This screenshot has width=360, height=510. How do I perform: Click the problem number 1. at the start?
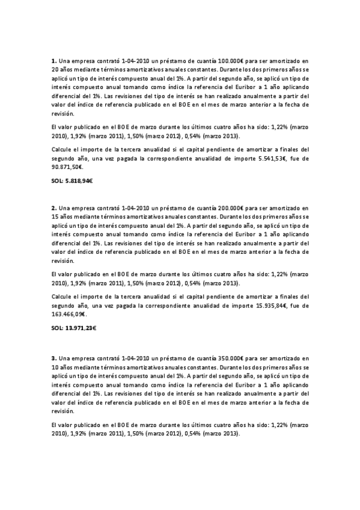tap(53, 61)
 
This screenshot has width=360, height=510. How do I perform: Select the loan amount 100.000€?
tap(222, 61)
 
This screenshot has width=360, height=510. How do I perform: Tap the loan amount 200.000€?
tap(222, 208)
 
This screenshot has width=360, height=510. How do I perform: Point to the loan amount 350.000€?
tap(222, 358)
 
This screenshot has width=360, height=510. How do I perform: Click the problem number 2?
tap(53, 208)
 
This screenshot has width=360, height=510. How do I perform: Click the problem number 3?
tap(53, 358)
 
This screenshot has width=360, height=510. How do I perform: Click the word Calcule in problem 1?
tap(61, 149)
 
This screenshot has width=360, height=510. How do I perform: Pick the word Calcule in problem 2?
tap(61, 296)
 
